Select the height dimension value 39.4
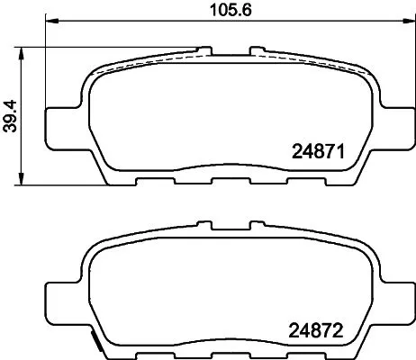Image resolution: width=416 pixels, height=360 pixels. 11,112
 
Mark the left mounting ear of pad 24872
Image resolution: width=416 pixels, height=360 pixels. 63,297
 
